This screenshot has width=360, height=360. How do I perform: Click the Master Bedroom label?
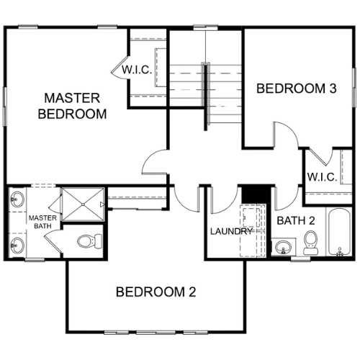pyautogui.click(x=72, y=106)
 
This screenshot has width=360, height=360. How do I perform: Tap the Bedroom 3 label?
pyautogui.click(x=297, y=89)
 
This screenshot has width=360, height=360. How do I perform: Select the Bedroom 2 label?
pyautogui.click(x=156, y=292)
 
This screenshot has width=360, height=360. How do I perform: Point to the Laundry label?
pyautogui.click(x=231, y=231)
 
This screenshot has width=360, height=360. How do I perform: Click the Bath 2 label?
pyautogui.click(x=296, y=220)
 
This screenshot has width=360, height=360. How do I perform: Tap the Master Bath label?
pyautogui.click(x=42, y=222)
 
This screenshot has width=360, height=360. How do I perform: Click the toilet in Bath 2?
pyautogui.click(x=311, y=243)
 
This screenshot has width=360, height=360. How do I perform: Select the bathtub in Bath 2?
pyautogui.click(x=339, y=232)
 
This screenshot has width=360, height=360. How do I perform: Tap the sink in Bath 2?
pyautogui.click(x=283, y=246)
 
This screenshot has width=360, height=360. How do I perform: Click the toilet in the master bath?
pyautogui.click(x=90, y=241)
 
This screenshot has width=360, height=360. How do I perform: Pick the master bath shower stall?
pyautogui.click(x=83, y=204)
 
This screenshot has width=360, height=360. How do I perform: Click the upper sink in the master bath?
pyautogui.click(x=17, y=199)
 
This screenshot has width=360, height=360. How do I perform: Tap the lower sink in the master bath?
pyautogui.click(x=17, y=245)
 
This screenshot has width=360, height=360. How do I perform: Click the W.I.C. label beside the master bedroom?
pyautogui.click(x=137, y=70)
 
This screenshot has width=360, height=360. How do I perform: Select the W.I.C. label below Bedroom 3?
pyautogui.click(x=322, y=177)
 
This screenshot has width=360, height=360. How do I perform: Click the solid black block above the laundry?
pyautogui.click(x=256, y=194)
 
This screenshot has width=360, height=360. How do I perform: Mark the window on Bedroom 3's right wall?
pyautogui.click(x=354, y=87)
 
